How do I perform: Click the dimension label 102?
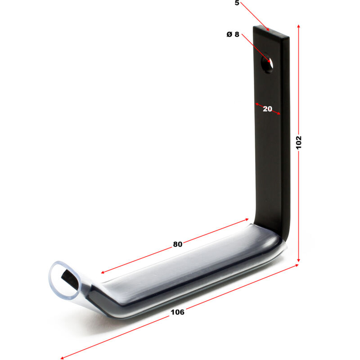click(298, 143)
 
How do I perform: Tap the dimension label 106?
click(177, 312)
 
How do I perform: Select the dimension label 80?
click(177, 244)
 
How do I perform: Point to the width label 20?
click(267, 109)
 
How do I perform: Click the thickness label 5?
click(237, 3)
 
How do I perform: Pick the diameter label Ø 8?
click(233, 35)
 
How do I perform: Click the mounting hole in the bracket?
click(267, 63)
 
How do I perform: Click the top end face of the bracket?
click(271, 31)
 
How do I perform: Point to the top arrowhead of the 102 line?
click(298, 26)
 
